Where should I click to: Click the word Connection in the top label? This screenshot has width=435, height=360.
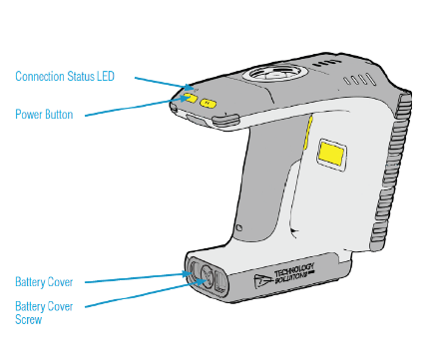(x=40, y=76)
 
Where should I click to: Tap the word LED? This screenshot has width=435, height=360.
(x=106, y=76)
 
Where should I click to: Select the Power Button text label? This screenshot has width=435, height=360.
(x=44, y=115)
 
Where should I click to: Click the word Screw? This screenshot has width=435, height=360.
(x=29, y=319)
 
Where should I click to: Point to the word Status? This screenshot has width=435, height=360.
(x=81, y=76)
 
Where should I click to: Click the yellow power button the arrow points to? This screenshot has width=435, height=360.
(x=191, y=98)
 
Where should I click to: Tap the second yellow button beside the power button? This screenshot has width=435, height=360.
(x=209, y=104)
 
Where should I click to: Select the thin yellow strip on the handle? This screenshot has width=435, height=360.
(x=307, y=133)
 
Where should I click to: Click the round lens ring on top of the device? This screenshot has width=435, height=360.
(x=274, y=72)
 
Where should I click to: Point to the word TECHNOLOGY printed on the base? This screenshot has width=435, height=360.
(x=294, y=270)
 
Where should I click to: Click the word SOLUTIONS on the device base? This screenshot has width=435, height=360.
(x=291, y=277)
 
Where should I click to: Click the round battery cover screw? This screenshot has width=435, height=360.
(x=207, y=275)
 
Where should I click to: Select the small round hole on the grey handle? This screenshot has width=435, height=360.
(x=238, y=228)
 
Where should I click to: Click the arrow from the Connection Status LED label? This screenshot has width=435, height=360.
(x=164, y=84)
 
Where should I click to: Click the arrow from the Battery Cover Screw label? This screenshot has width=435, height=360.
(x=146, y=293)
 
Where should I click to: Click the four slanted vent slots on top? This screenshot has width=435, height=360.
(x=360, y=80)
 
